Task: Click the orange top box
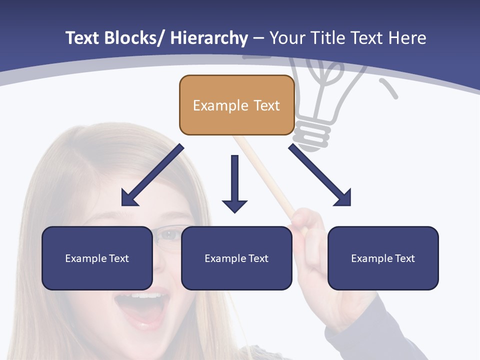pos(236,105)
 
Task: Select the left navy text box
pos(97,258)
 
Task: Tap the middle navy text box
pos(236,258)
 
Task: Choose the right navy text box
pos(383,258)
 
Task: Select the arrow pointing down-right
pos(320,175)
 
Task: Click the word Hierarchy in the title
pos(209,38)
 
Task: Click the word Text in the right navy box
pos(404,258)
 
